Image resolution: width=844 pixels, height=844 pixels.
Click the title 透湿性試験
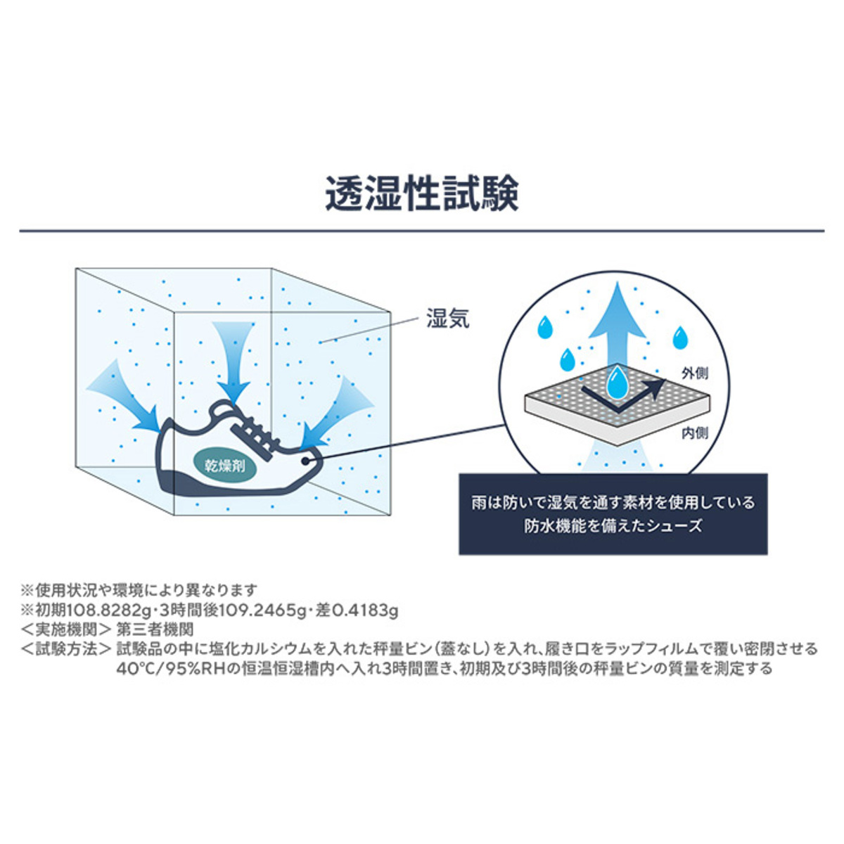pos(422,194)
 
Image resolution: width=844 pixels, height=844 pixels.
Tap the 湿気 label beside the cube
pos(448,319)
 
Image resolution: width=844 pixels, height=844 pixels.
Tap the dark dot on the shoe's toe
pos(305,461)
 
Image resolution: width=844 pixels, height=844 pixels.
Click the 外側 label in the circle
pos(695,373)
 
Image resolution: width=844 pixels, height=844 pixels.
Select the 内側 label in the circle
pos(695,433)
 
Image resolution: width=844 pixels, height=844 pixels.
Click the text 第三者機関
pos(155,629)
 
